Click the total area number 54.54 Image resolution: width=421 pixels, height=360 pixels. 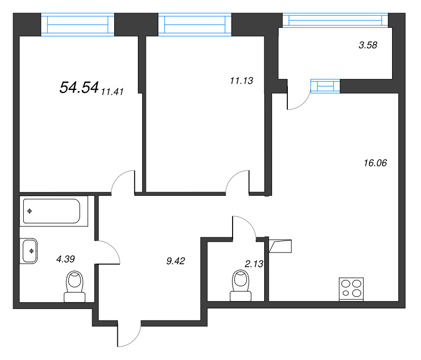point(79,87)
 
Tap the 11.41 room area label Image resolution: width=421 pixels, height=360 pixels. point(112,92)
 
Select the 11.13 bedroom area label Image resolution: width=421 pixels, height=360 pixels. point(242,81)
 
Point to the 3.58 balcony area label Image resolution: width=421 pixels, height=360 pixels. point(368,45)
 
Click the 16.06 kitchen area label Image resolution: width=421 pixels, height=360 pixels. point(375,163)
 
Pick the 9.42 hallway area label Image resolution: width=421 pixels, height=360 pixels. point(176,261)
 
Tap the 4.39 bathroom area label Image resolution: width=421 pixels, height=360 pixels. point(65,259)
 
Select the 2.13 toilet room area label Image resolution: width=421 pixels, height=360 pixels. point(254,264)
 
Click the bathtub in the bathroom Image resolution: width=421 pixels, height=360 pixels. point(52,211)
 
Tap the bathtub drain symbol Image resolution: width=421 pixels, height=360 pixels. point(29,211)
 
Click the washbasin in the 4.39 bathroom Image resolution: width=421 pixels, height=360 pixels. point(29,251)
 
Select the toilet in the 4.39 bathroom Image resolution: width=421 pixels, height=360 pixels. point(75,286)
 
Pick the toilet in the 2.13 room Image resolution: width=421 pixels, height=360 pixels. point(240,285)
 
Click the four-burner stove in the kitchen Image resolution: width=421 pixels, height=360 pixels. point(351,289)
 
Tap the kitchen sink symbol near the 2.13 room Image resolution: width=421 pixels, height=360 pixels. point(280,246)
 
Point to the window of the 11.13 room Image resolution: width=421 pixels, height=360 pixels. point(195,24)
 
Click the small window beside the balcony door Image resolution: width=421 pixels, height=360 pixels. point(325,86)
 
